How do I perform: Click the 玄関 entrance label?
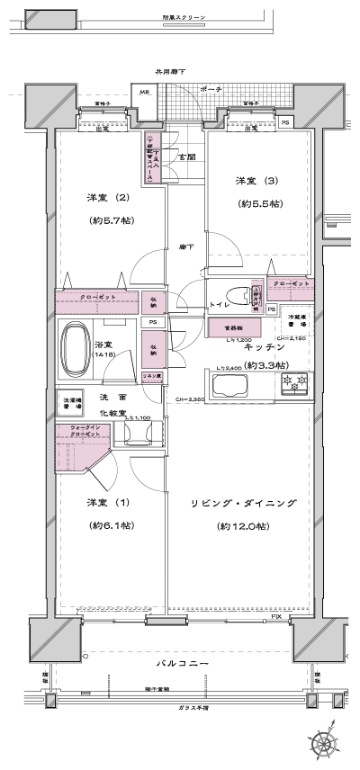[x=186, y=157]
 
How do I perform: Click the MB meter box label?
[x=144, y=90]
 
